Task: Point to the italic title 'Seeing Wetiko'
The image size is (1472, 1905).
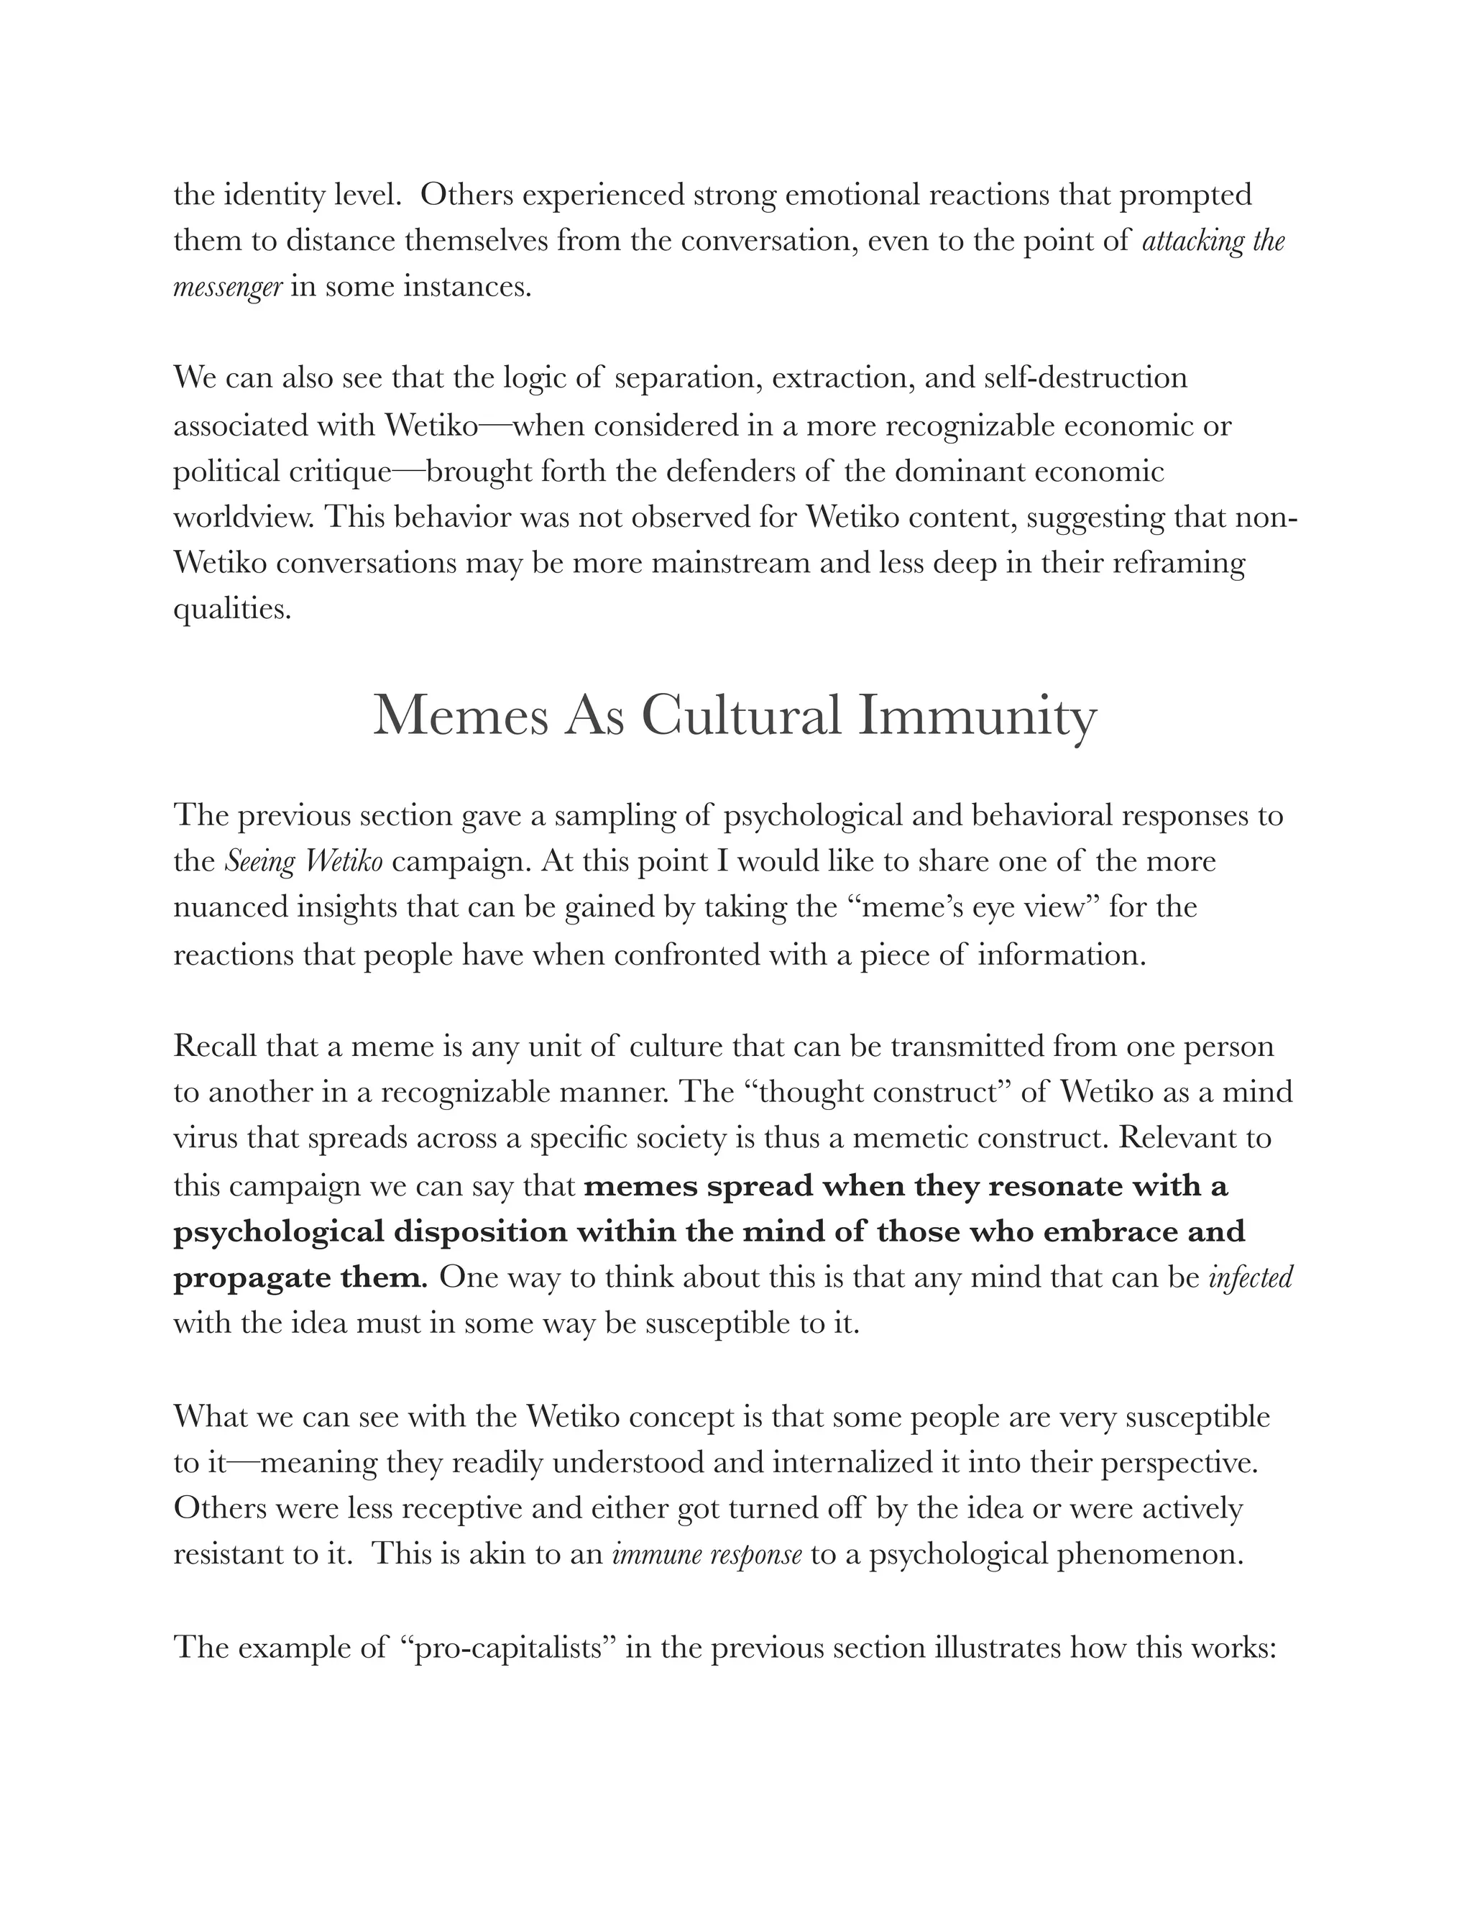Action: coord(304,861)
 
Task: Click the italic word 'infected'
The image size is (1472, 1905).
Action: coord(1251,1278)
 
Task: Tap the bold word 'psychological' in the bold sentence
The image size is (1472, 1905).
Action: coord(278,1231)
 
